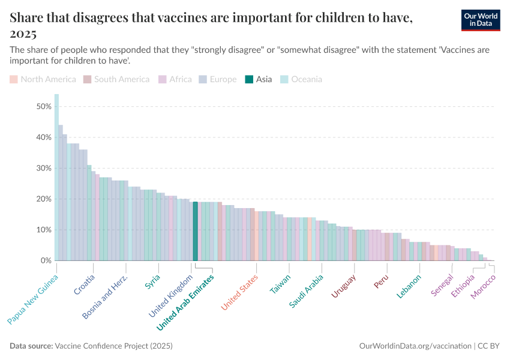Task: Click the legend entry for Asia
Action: pos(259,79)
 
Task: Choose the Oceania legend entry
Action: pos(301,79)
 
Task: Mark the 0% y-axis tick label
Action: pos(44,260)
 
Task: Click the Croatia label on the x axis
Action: pos(85,284)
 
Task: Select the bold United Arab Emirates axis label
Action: pos(185,303)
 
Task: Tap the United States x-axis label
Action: pos(239,292)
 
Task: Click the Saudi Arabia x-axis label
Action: pos(307,291)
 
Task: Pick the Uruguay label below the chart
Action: pos(344,286)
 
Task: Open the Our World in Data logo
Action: pos(481,20)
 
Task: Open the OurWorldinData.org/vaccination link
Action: pos(415,346)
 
